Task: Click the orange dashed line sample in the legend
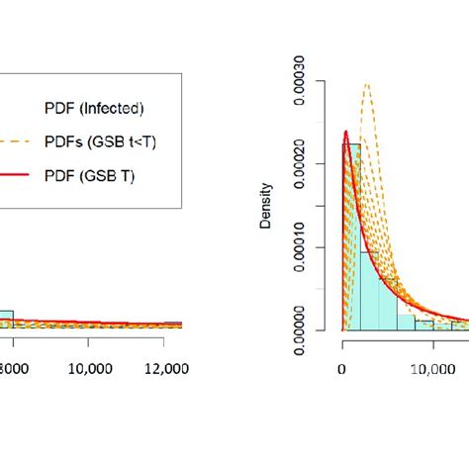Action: [x=18, y=142]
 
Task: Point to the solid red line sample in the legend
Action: [x=18, y=177]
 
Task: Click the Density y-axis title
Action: [x=265, y=211]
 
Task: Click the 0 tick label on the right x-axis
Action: [x=341, y=368]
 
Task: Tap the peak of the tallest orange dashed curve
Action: [x=367, y=84]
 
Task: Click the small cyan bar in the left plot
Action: [x=6, y=318]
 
